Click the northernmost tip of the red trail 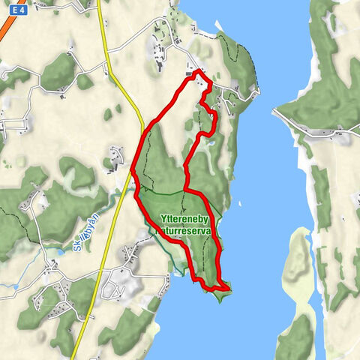tap(198, 72)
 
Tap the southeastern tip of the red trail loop tap(229, 285)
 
